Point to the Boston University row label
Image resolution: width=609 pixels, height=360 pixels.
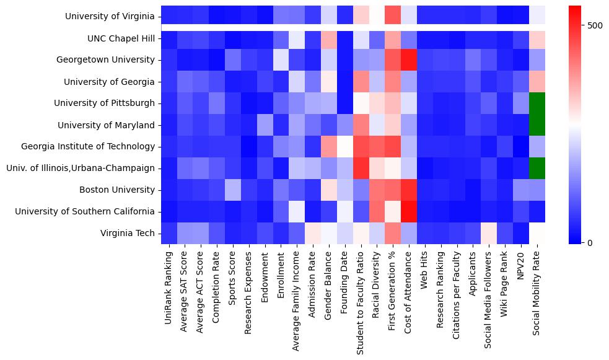click(x=120, y=190)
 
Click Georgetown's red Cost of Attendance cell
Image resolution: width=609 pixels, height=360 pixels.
click(x=409, y=60)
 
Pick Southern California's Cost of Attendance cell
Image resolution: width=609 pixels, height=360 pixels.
click(x=409, y=211)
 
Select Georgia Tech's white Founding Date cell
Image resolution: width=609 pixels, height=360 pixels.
click(x=345, y=146)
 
